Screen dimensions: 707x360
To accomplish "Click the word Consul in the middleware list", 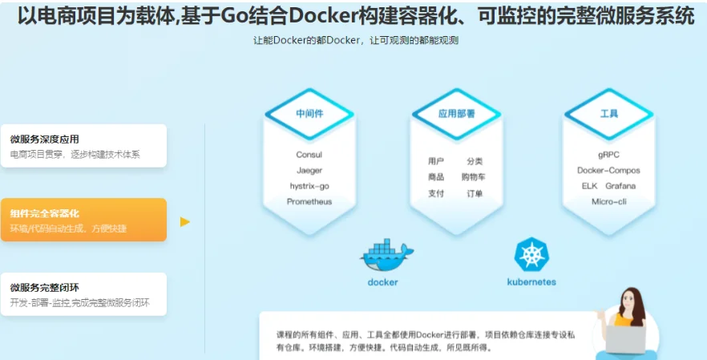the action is pos(309,155).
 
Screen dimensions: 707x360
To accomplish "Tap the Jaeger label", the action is pos(309,171).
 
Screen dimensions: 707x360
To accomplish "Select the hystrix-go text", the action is pos(309,186).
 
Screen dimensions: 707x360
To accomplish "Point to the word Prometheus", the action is pos(309,202).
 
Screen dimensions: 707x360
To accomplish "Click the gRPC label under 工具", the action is pos(608,155).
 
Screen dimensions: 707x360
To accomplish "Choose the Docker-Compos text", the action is pos(608,171).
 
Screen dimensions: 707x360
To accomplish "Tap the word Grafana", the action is pos(620,186).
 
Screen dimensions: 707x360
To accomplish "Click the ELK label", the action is pos(589,186).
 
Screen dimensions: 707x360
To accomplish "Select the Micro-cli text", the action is pos(608,202).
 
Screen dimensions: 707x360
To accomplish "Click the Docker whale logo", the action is pos(386,257).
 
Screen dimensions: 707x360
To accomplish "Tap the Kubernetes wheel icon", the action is pos(531,255).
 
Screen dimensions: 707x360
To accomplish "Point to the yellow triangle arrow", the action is pos(185,221).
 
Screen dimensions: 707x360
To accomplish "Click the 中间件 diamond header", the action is pos(309,114).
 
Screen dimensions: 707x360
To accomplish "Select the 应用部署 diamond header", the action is pos(456,114).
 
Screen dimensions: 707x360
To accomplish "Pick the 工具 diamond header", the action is pos(608,114).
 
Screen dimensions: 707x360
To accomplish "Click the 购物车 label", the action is pos(474,177).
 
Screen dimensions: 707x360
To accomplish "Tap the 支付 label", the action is pos(436,193).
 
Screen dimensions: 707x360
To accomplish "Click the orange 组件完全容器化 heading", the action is pos(45,213).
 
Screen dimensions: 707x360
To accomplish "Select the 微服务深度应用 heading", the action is pos(45,140).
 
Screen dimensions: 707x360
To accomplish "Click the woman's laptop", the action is pos(625,339).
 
